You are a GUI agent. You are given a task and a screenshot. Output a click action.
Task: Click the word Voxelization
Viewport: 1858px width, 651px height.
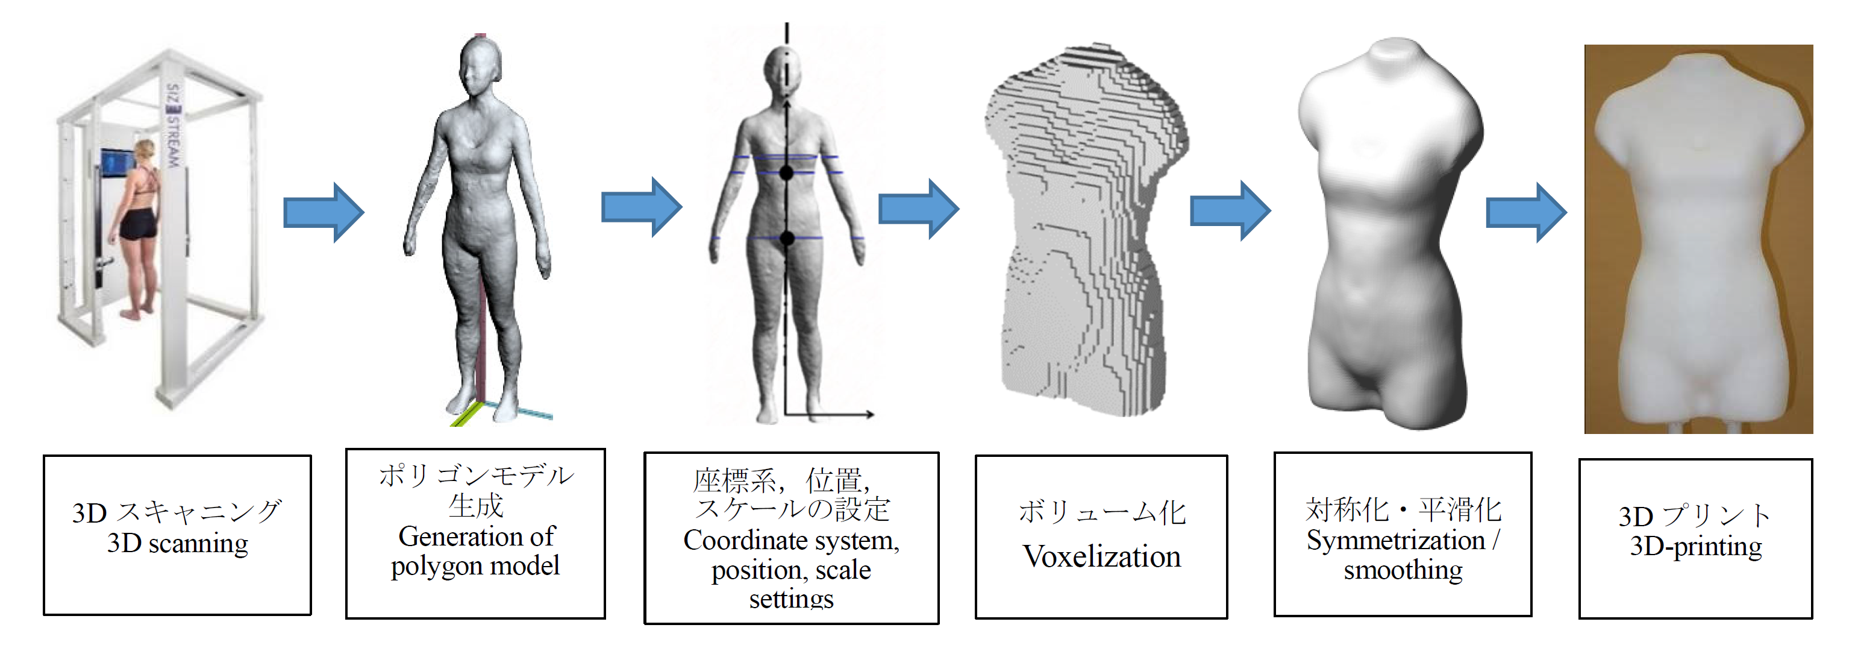1101,556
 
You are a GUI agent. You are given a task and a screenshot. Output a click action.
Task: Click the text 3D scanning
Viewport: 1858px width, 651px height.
178,542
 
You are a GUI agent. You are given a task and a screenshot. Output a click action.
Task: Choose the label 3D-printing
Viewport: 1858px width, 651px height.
1695,546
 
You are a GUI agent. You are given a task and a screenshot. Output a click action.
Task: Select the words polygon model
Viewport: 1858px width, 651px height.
475,566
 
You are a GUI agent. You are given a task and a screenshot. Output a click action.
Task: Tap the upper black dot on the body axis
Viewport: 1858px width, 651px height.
786,173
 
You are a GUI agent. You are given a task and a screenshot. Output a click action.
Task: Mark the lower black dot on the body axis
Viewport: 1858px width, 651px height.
787,238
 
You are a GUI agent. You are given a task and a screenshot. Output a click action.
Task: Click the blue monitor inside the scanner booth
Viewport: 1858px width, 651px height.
116,163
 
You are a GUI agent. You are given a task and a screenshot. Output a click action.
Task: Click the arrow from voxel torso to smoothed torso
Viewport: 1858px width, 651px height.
1230,211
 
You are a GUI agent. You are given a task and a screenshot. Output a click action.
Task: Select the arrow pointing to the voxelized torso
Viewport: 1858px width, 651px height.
918,209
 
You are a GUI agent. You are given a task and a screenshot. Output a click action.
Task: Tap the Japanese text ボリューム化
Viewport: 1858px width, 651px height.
1101,512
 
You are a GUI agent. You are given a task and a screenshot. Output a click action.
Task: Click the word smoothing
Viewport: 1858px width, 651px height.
1403,570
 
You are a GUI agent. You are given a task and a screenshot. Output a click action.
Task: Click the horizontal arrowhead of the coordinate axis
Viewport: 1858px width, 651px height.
870,414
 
